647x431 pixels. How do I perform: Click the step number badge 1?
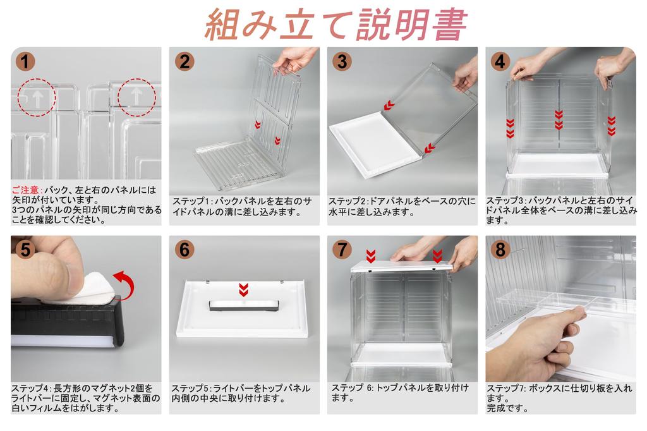tap(25, 61)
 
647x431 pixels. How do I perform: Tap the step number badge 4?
tap(500, 61)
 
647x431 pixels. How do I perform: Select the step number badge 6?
tap(184, 250)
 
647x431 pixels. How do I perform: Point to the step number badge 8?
tap(500, 250)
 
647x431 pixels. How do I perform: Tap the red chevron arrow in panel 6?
tap(243, 290)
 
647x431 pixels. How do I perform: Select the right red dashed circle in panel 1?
tap(136, 97)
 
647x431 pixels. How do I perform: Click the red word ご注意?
tap(25, 190)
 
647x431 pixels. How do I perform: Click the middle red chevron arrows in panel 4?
tap(559, 119)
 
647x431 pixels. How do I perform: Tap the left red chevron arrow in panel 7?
tap(370, 256)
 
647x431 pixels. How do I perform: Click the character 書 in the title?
tap(450, 24)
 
